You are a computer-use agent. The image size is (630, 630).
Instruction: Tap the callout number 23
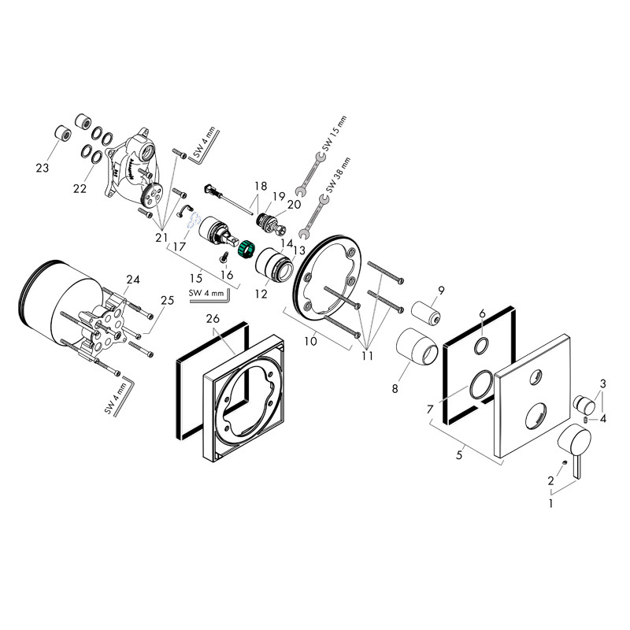pos(42,167)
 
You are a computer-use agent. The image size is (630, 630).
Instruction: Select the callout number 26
pos(210,319)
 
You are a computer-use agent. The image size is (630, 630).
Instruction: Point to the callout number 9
pos(442,291)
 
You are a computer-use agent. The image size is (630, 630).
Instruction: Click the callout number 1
pos(551,500)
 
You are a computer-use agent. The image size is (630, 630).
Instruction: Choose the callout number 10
pos(312,340)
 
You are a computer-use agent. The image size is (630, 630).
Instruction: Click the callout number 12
pos(261,294)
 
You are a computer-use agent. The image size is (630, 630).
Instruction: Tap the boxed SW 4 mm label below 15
pos(207,295)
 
